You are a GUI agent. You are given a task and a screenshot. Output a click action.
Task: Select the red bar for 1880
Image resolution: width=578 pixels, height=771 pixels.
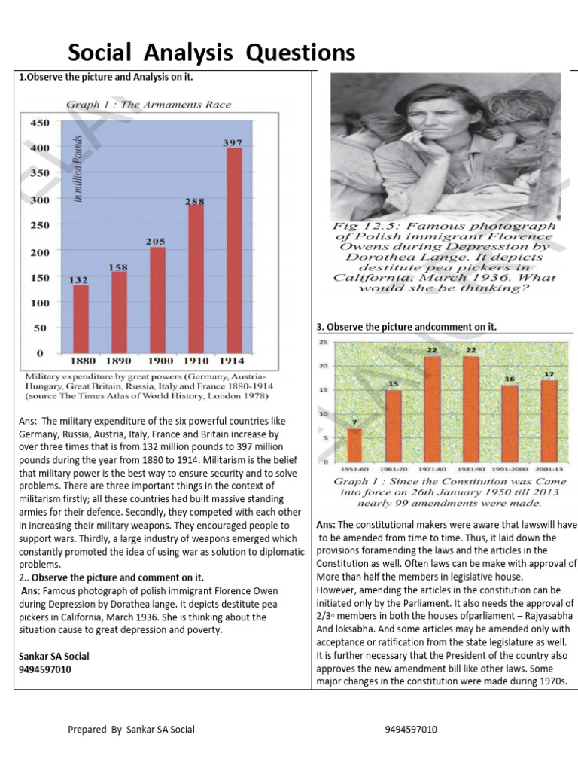pyautogui.click(x=81, y=318)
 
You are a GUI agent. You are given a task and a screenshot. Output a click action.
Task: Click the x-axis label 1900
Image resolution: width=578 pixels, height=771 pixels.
pyautogui.click(x=157, y=361)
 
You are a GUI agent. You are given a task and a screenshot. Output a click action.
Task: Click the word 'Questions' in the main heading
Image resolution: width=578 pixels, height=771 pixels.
pyautogui.click(x=297, y=52)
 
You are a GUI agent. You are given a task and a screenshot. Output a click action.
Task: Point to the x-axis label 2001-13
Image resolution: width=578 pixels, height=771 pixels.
pyautogui.click(x=550, y=468)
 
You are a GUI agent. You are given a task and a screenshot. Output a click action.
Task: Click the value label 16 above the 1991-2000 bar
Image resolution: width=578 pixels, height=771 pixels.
pyautogui.click(x=510, y=378)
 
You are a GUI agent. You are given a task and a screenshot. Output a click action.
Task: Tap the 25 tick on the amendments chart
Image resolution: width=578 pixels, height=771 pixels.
pyautogui.click(x=324, y=343)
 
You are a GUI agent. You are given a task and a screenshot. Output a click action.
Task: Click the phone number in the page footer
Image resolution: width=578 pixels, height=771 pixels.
pyautogui.click(x=411, y=730)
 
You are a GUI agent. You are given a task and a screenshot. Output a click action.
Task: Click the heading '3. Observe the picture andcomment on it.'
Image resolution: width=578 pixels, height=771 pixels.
pyautogui.click(x=406, y=326)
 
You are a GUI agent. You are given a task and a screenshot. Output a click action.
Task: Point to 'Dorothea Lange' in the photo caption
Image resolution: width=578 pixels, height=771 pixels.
pyautogui.click(x=446, y=256)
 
